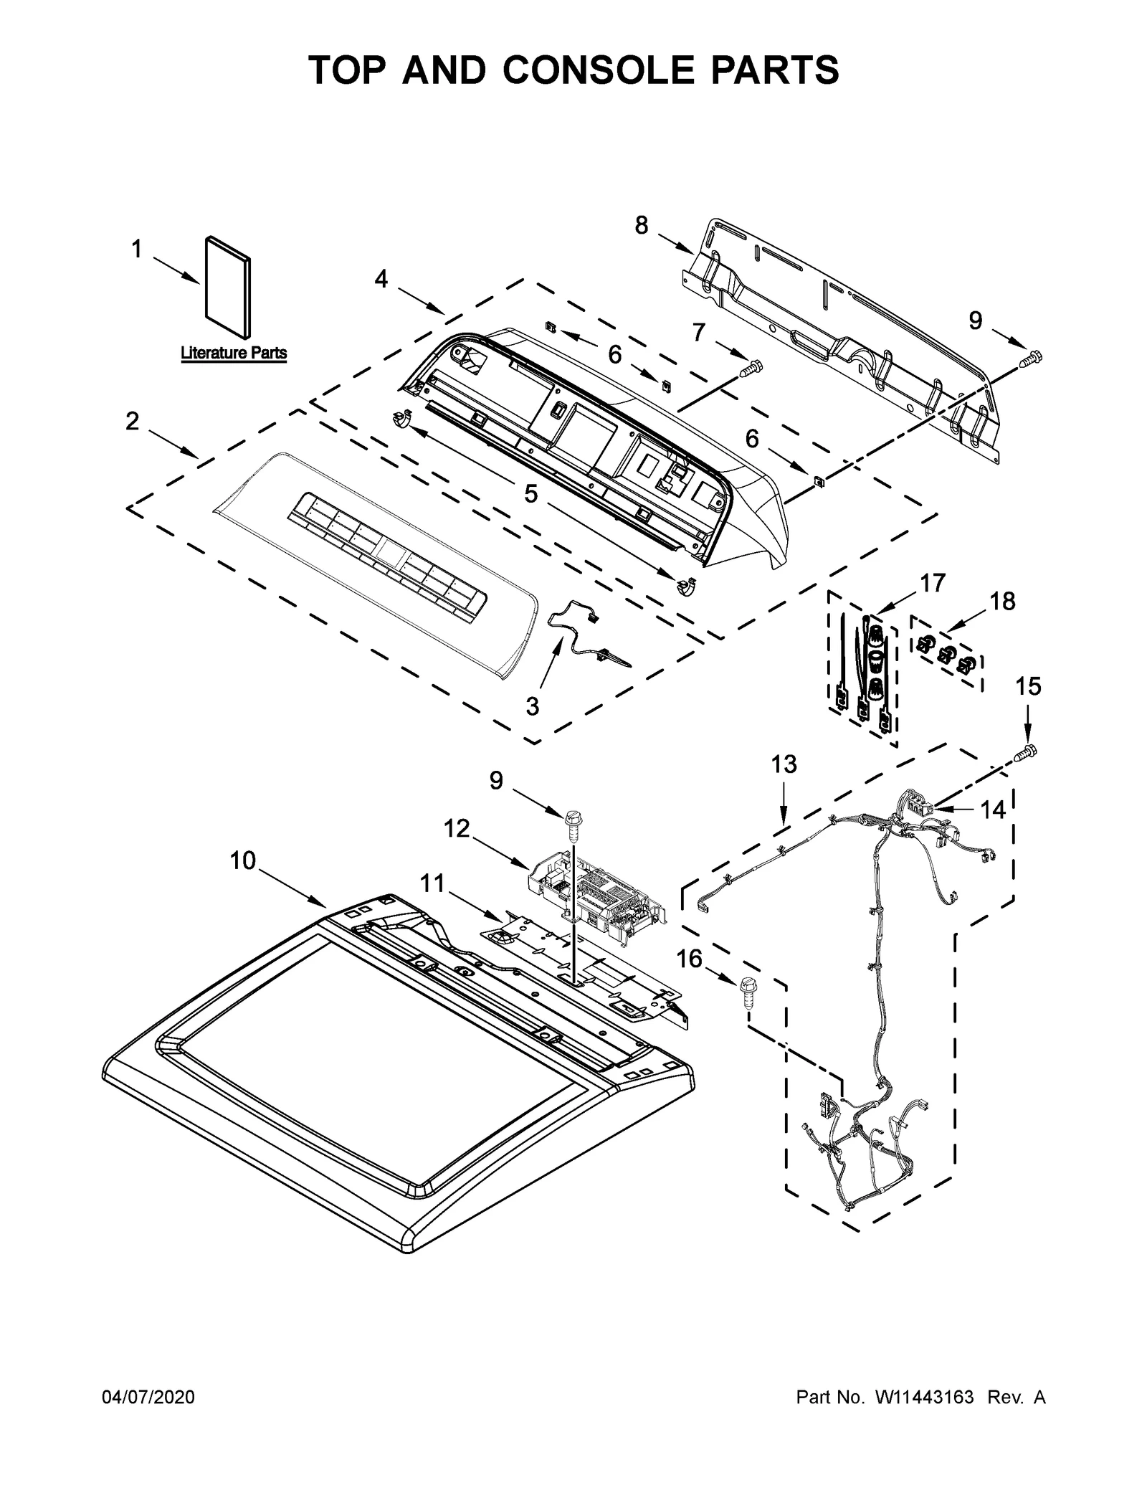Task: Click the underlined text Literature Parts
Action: click(234, 353)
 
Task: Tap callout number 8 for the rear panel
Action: click(641, 225)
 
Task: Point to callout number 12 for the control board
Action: click(456, 829)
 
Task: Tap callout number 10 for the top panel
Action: click(243, 860)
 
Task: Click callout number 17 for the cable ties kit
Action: click(933, 583)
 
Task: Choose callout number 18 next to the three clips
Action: click(1003, 601)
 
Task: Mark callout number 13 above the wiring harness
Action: click(784, 764)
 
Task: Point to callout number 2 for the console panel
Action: click(132, 421)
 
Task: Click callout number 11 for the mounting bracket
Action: click(432, 883)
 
